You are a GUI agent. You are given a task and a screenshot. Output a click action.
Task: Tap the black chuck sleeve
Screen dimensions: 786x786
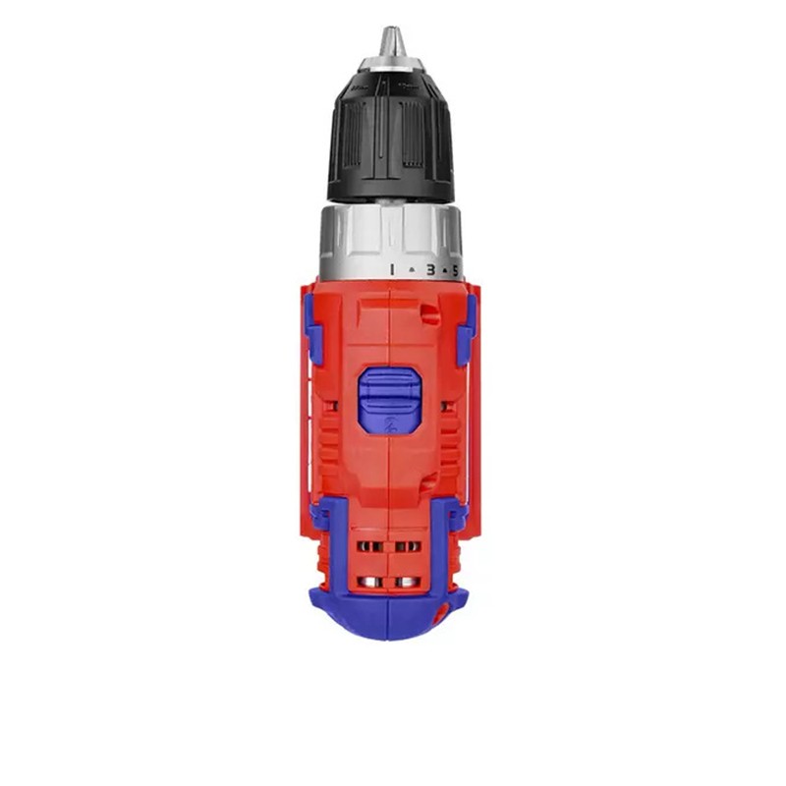(x=390, y=137)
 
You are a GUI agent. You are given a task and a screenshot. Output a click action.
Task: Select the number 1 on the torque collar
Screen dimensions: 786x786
(x=392, y=269)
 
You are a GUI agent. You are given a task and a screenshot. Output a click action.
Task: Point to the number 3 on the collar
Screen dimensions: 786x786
(x=430, y=270)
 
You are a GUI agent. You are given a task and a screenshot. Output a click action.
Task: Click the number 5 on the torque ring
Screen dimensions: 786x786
(x=455, y=271)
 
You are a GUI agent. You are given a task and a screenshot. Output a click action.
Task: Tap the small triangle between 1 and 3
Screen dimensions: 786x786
(x=412, y=269)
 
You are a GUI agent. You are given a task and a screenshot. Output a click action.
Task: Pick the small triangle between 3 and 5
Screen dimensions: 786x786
(x=444, y=271)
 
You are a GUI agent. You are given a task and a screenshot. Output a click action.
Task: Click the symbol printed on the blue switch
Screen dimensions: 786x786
(x=390, y=425)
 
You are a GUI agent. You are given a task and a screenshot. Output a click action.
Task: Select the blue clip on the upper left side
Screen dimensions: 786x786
(x=312, y=328)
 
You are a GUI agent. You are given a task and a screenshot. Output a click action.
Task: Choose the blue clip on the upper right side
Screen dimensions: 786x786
(x=466, y=330)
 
